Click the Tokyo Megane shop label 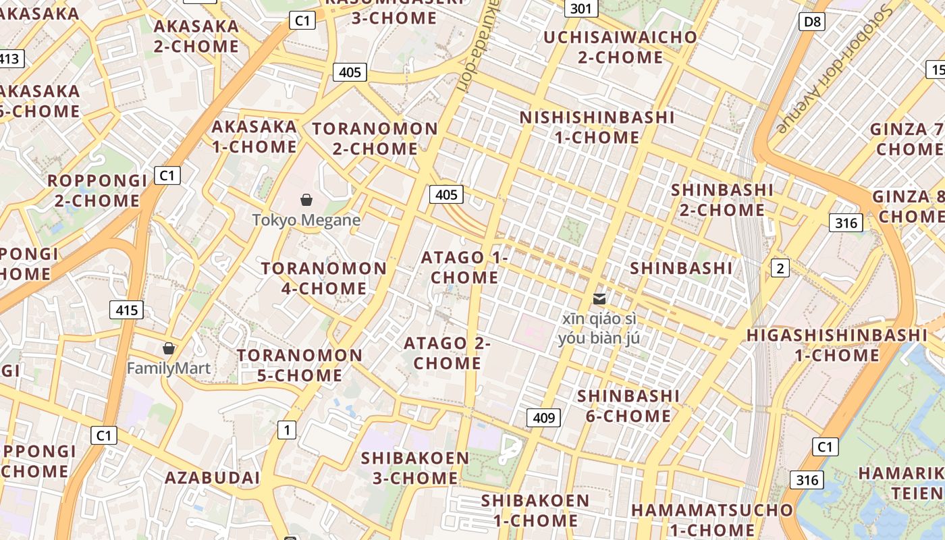pos(306,220)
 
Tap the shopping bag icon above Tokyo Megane pos(306,200)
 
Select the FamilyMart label pos(169,369)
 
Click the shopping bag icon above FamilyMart pos(169,348)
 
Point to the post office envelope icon pos(599,298)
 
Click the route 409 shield pos(543,418)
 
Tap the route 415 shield pos(126,310)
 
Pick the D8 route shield pos(813,22)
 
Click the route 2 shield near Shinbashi pos(780,268)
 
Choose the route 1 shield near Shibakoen pos(287,429)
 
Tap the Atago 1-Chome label pos(464,267)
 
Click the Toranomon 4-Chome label pos(324,278)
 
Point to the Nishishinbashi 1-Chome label pos(597,127)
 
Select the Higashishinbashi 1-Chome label pos(836,345)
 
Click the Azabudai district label pos(213,478)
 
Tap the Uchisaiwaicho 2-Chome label pos(620,47)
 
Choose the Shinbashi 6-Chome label pos(628,405)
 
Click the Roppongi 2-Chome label pos(97,190)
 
